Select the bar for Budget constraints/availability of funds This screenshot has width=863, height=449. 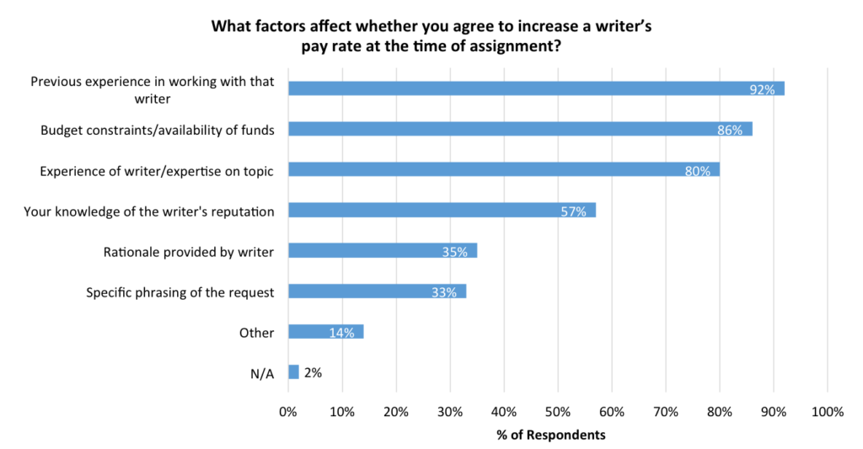(519, 129)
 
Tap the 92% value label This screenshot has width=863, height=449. (762, 89)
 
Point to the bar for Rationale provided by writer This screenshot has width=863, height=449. (383, 251)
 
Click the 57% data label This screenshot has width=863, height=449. (573, 211)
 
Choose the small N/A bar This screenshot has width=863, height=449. (293, 372)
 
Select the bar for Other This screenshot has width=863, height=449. (325, 332)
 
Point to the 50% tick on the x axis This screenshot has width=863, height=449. (557, 412)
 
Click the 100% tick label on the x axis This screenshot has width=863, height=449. (827, 412)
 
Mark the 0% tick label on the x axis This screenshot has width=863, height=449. (288, 412)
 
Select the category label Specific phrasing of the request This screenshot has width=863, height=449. (180, 292)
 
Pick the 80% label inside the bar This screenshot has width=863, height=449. (697, 170)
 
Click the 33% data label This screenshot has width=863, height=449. (443, 292)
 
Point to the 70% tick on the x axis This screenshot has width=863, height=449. (665, 412)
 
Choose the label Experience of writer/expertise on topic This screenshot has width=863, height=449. (158, 170)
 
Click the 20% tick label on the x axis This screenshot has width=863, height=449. (395, 412)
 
